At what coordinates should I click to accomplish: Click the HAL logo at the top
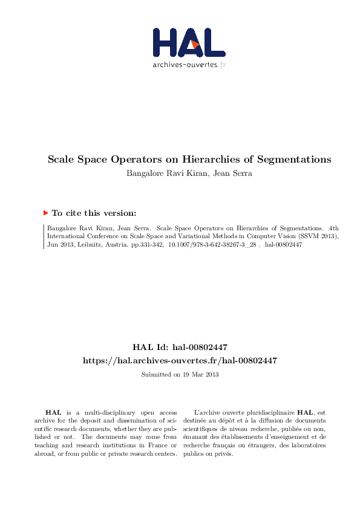click(188, 42)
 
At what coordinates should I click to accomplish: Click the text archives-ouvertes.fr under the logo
click(189, 64)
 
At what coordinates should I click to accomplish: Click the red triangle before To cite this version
click(46, 212)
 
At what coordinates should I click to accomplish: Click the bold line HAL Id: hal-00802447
click(180, 347)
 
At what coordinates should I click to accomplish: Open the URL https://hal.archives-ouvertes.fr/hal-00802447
click(180, 360)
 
